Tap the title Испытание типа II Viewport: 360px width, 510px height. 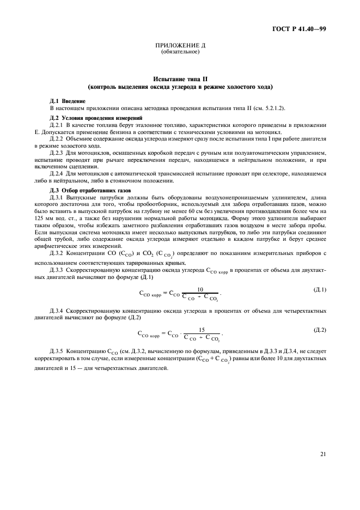[180, 79]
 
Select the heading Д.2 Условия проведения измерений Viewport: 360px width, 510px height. [88, 118]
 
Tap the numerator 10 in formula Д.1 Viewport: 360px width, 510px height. [200, 289]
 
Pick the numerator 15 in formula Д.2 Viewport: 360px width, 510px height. [202, 329]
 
